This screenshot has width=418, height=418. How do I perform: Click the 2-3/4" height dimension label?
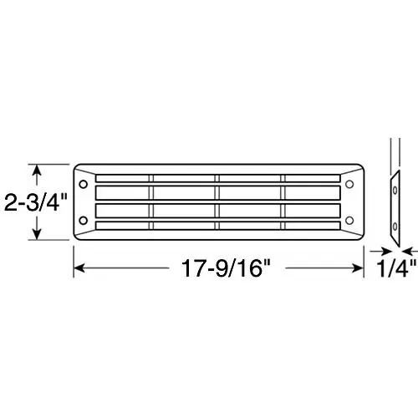tap(36, 202)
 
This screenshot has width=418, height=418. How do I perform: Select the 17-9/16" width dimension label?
tap(227, 268)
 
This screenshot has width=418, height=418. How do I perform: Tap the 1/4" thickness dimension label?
tap(396, 268)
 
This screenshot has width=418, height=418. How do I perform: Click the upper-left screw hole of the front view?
tap(83, 184)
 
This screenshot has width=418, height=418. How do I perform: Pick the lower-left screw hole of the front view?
tap(83, 221)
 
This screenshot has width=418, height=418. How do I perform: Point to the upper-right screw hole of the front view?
tap(349, 184)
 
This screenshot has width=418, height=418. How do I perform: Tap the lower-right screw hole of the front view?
tap(349, 221)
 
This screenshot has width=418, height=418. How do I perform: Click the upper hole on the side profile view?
tap(395, 191)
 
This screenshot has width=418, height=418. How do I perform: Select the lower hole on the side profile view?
tap(395, 227)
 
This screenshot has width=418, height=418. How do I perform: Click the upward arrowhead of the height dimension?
tap(37, 170)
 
